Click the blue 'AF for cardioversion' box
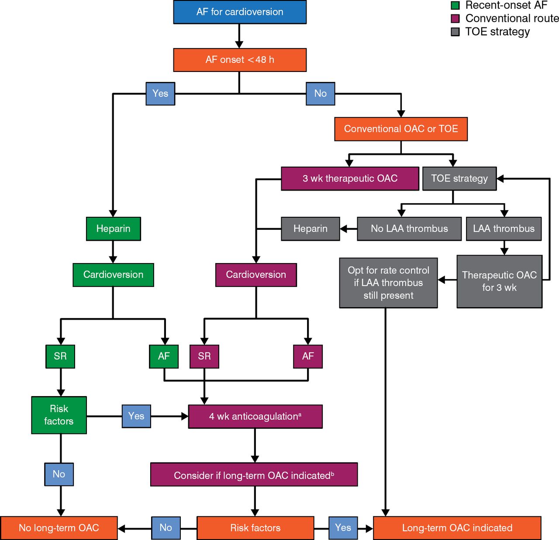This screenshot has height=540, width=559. click(240, 12)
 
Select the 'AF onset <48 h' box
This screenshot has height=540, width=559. click(240, 60)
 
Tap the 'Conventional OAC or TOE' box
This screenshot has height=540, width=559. click(401, 129)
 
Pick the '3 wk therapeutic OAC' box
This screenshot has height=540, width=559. click(350, 178)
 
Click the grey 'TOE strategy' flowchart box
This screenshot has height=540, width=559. click(459, 178)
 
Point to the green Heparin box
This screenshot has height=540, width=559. click(113, 229)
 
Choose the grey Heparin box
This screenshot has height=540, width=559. click(310, 229)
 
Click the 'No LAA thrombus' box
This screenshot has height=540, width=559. click(409, 229)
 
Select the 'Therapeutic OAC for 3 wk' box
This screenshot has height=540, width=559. click(499, 281)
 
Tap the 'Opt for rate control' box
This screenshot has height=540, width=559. click(388, 283)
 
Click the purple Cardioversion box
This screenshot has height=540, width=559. click(256, 275)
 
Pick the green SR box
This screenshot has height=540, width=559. click(60, 356)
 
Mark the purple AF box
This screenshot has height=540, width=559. click(308, 356)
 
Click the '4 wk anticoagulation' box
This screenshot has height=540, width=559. click(255, 417)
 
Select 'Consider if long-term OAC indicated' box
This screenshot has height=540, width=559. click(254, 475)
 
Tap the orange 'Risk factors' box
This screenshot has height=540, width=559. click(255, 528)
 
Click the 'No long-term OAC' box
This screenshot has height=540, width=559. click(59, 528)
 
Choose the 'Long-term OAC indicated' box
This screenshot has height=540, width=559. click(457, 528)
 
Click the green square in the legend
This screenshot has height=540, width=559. click(455, 6)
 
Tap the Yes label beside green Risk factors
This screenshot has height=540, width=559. click(136, 416)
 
